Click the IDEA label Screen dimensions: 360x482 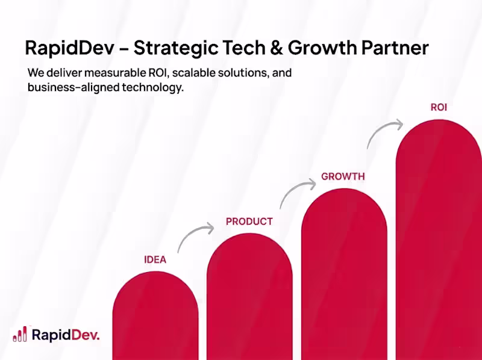[155, 260]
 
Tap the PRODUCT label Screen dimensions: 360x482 [249, 222]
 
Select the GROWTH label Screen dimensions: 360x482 [343, 176]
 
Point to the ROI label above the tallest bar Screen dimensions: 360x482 [439, 108]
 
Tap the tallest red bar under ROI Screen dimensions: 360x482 [438, 241]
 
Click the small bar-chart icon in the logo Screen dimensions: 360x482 [20, 334]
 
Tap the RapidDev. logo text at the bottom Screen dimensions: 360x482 [65, 335]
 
